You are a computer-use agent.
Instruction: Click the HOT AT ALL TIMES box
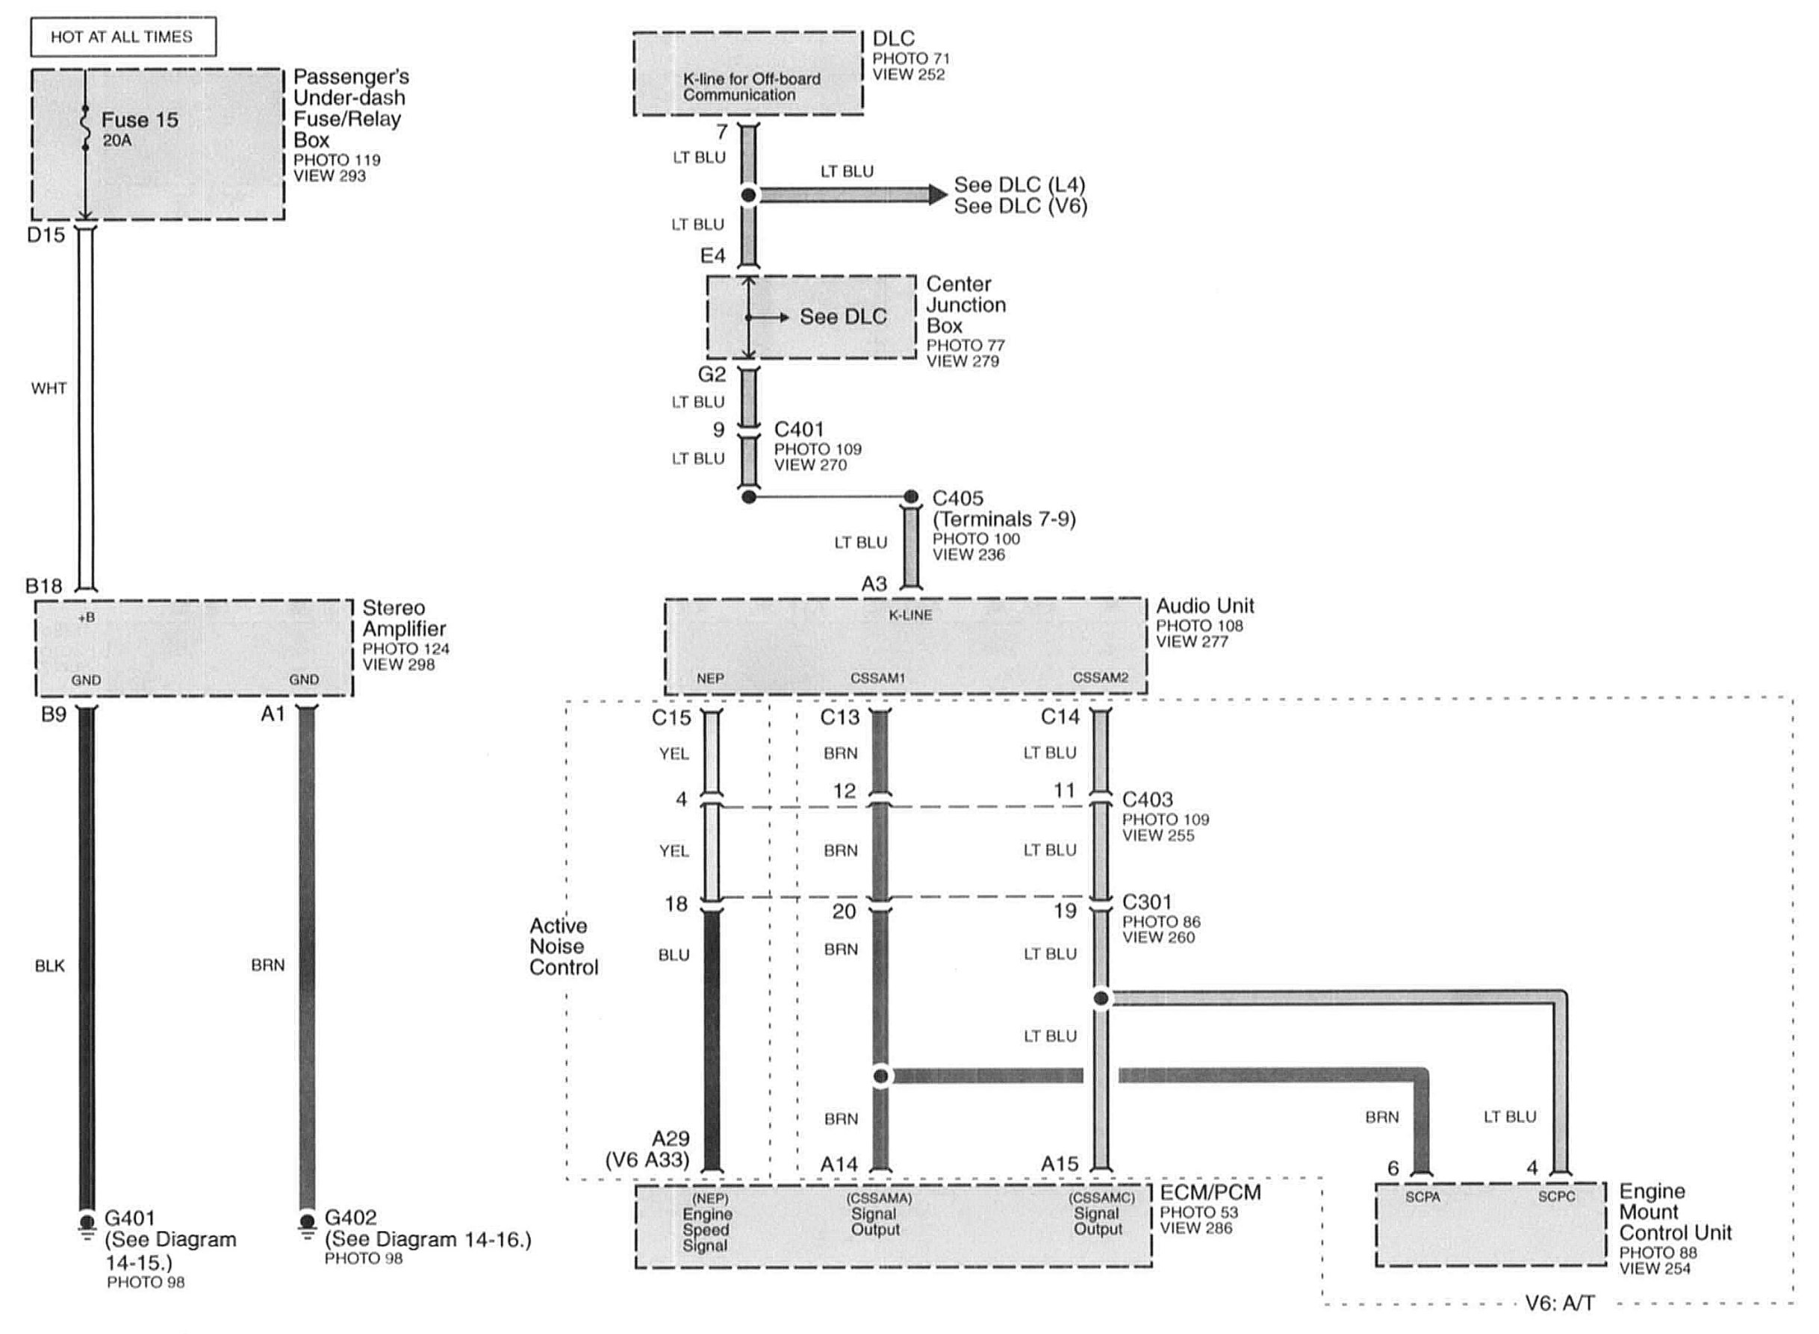tap(122, 37)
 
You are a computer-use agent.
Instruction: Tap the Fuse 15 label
tap(139, 120)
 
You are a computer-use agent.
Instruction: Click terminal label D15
tap(46, 236)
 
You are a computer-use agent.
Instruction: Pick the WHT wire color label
tap(49, 388)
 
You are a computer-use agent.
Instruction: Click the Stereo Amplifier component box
tap(194, 648)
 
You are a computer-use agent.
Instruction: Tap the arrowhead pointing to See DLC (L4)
tap(937, 195)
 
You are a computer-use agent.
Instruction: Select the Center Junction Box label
tap(966, 305)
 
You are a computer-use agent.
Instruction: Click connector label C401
tap(798, 429)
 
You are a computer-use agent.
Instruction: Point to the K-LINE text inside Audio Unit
tap(910, 615)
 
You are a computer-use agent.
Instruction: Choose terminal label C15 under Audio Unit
tap(671, 717)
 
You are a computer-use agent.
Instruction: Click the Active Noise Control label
tap(564, 947)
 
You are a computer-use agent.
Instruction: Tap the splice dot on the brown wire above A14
tap(881, 1076)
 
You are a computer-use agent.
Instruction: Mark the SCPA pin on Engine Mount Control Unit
tap(1422, 1197)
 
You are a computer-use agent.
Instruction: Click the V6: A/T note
tap(1559, 1303)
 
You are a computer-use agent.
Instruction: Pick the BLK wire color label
tap(49, 966)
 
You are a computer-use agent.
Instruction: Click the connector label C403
tap(1147, 800)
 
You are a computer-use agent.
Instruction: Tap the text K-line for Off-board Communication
tap(750, 87)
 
